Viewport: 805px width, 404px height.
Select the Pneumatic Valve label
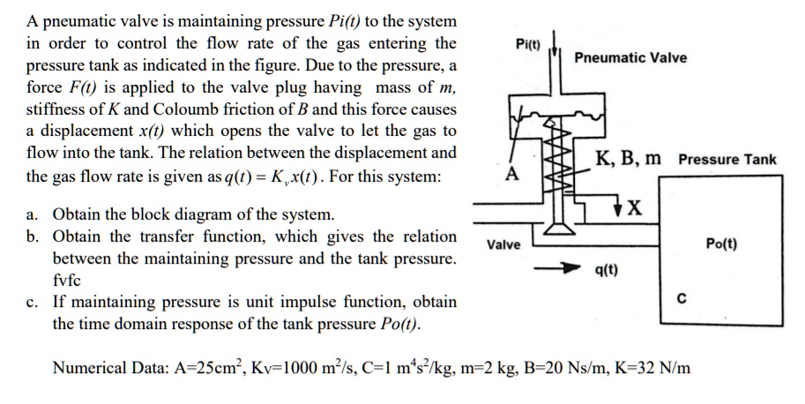click(630, 58)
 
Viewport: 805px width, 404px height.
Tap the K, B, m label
click(629, 159)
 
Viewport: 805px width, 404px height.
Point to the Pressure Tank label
click(727, 160)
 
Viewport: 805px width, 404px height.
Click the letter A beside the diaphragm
click(509, 174)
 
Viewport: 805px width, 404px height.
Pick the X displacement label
click(633, 209)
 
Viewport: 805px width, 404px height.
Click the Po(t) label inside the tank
click(722, 243)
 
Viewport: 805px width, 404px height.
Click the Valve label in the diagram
click(503, 244)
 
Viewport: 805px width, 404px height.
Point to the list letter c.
click(32, 303)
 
